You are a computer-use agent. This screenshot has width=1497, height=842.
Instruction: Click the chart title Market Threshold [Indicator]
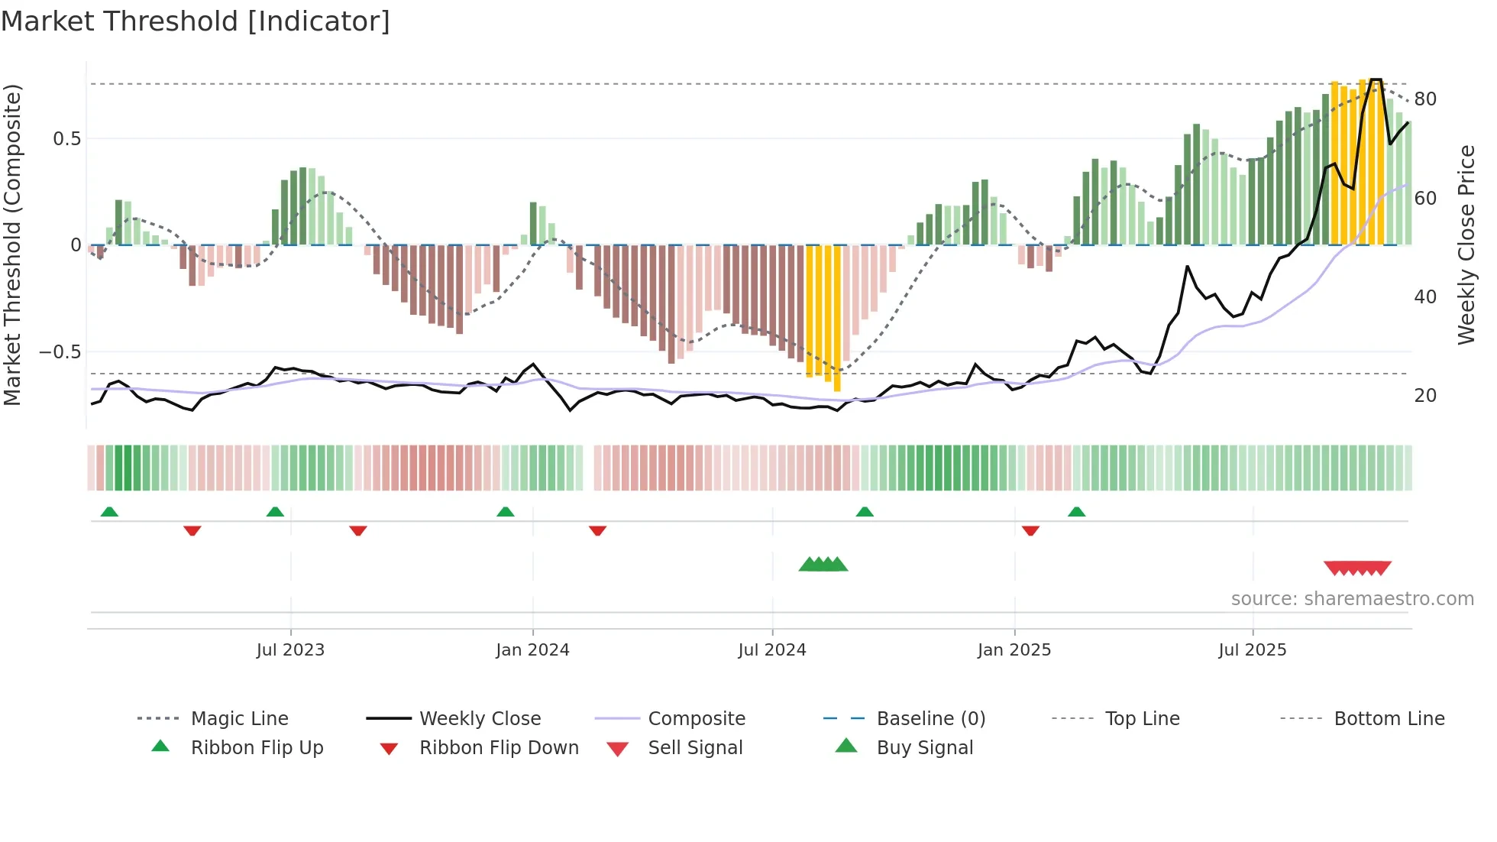(x=196, y=21)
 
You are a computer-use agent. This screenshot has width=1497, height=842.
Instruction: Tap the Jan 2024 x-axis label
(x=532, y=649)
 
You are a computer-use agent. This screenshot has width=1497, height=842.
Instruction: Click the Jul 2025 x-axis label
(x=1252, y=649)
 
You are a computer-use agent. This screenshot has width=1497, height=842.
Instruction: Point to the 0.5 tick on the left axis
(x=66, y=138)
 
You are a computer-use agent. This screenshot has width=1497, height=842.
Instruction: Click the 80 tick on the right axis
(x=1425, y=99)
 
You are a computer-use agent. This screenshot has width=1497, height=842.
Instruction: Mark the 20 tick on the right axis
(x=1425, y=395)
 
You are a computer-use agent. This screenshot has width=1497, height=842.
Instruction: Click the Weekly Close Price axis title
(x=1466, y=245)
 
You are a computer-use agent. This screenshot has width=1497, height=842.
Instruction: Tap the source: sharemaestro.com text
(x=1352, y=598)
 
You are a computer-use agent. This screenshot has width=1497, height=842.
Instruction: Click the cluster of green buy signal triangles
(x=823, y=565)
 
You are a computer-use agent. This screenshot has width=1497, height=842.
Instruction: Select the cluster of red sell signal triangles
(x=1357, y=568)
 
